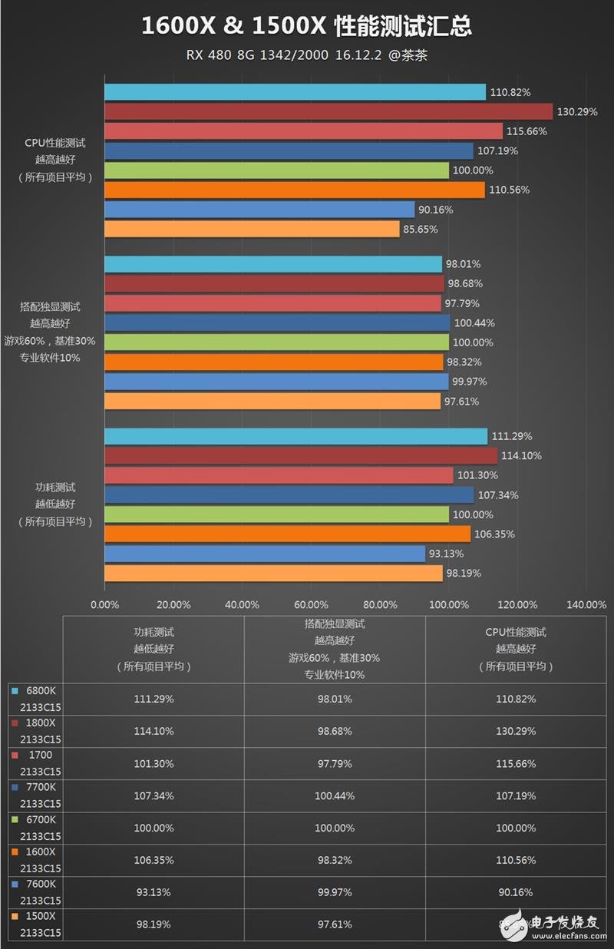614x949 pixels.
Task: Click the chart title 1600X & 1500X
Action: click(306, 27)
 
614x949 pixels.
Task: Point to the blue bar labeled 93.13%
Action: click(265, 554)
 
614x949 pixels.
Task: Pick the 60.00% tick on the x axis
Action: click(311, 604)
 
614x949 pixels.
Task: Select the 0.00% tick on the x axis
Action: click(104, 604)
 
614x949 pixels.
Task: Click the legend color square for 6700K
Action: click(14, 820)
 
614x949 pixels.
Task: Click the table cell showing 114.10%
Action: click(153, 731)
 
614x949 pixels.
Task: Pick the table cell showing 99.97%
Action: click(335, 892)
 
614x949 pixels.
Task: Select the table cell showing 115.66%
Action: click(516, 763)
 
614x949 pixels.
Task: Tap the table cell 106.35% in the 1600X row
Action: click(153, 860)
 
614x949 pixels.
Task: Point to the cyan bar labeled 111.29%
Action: click(295, 436)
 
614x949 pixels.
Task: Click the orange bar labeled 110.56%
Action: click(295, 190)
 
